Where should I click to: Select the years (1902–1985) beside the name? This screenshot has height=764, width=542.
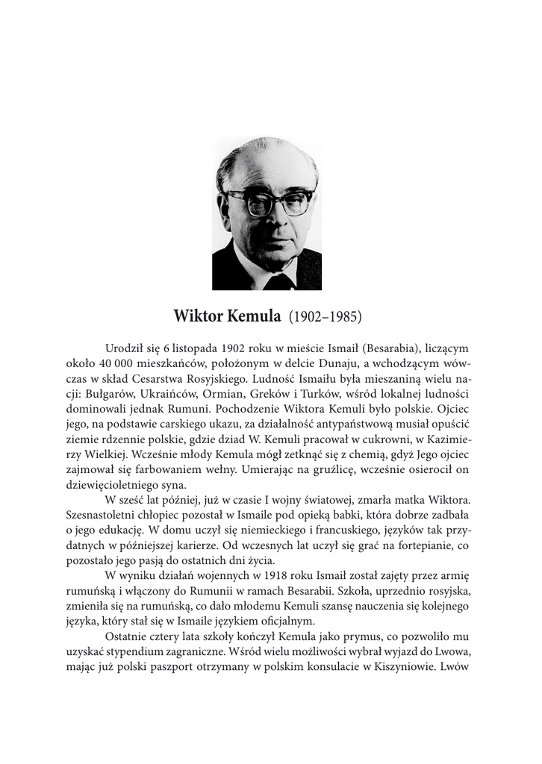pyautogui.click(x=325, y=316)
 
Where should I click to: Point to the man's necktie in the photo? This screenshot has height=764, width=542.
pyautogui.click(x=278, y=282)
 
